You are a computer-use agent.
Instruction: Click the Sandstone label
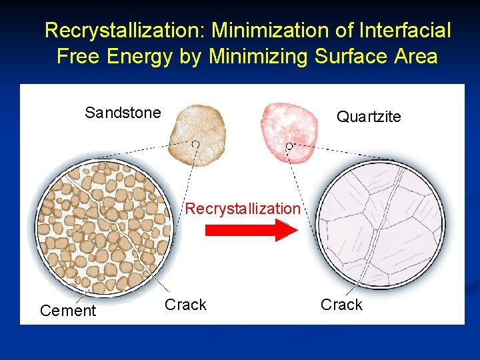pos(123,113)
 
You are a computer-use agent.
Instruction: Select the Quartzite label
pos(369,117)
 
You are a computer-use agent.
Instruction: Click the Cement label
pos(68,311)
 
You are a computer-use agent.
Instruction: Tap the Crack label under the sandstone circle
pos(185,305)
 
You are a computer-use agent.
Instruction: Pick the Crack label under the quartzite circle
pos(341,305)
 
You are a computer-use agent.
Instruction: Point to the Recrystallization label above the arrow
pos(243,209)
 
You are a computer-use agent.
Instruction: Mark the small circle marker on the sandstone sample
pos(195,144)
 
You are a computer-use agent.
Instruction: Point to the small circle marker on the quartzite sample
pos(289,145)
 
